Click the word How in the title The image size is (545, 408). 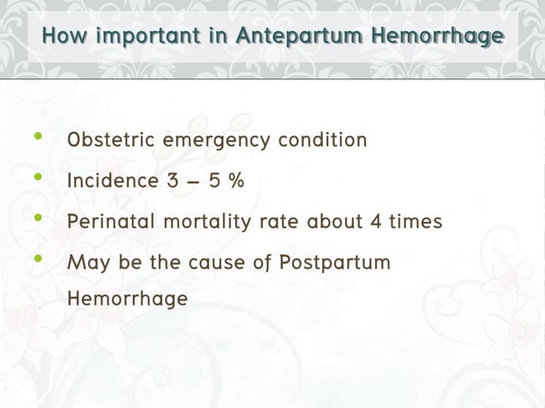click(65, 37)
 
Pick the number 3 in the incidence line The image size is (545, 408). click(173, 181)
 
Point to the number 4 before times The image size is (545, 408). click(375, 222)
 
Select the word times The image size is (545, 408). click(416, 222)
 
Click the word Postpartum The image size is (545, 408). click(335, 262)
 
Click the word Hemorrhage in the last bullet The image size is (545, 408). click(127, 300)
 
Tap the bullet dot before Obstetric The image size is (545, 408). click(37, 137)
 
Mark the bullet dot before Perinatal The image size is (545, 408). click(37, 219)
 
